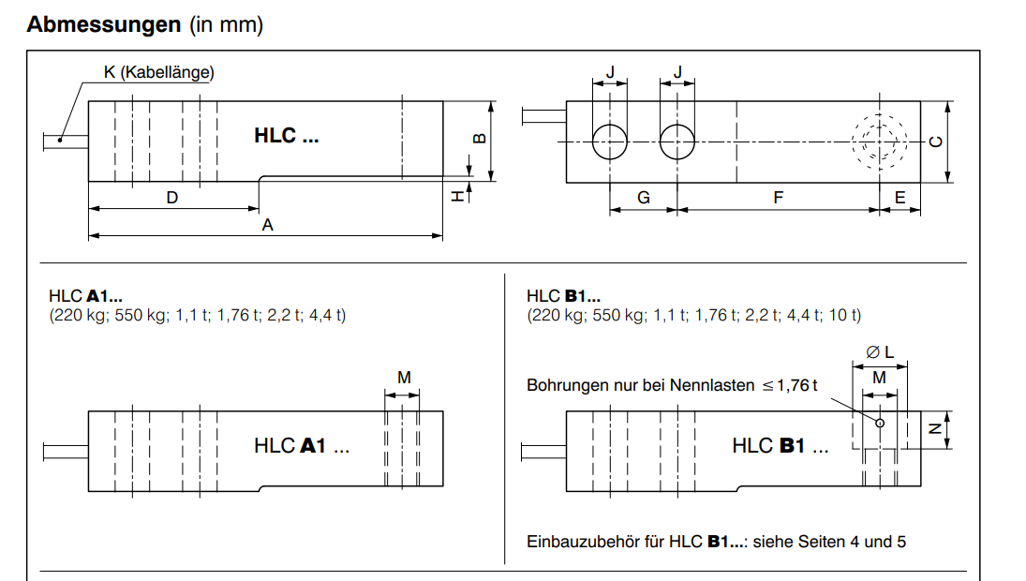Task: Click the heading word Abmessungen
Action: pos(103,25)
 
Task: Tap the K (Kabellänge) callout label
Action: pos(158,72)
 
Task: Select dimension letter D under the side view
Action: pos(172,198)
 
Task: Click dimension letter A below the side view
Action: pos(267,225)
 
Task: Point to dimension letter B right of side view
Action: pos(479,139)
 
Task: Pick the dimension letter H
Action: pos(457,196)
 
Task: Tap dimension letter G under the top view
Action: pos(643,198)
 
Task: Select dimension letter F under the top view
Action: pos(778,198)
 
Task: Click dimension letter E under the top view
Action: pos(900,198)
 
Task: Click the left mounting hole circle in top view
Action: pos(610,142)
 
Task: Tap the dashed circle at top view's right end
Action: pos(880,142)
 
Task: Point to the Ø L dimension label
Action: pos(881,351)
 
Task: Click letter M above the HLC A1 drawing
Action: pos(404,377)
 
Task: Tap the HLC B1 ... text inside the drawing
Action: pos(780,446)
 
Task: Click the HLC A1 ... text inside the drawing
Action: pos(302,446)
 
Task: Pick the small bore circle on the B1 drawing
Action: pos(880,423)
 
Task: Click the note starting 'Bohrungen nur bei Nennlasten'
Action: pos(672,385)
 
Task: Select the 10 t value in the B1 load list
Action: pos(846,315)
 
